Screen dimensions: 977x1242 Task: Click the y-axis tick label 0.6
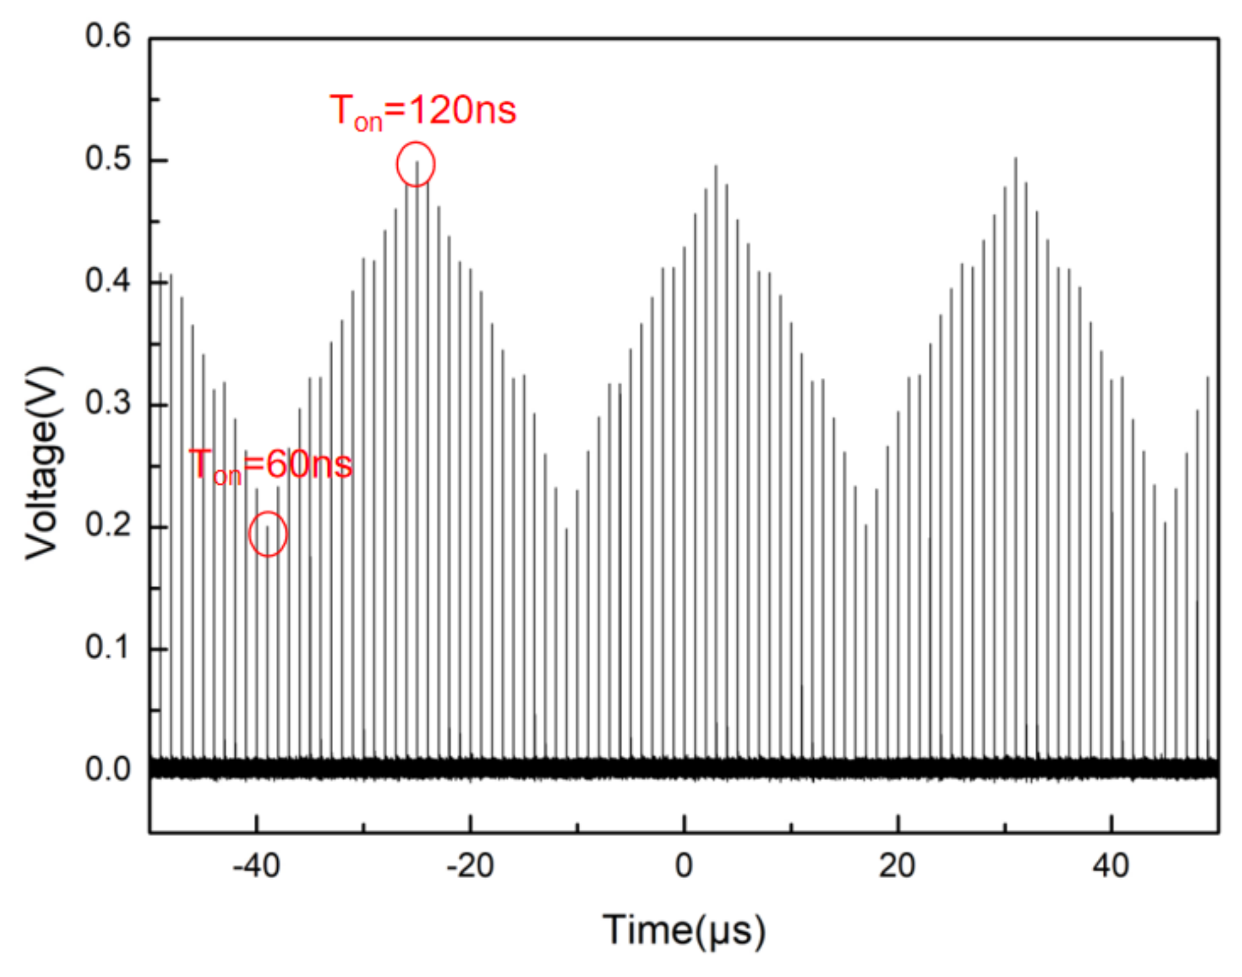click(x=108, y=36)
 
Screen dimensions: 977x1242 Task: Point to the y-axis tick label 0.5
click(x=108, y=158)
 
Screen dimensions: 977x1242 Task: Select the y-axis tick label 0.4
click(x=108, y=281)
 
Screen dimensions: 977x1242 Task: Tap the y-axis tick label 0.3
click(x=108, y=403)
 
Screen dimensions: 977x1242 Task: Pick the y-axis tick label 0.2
click(x=108, y=526)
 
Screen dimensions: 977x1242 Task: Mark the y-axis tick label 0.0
click(x=108, y=770)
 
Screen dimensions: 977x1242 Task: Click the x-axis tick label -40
click(x=256, y=866)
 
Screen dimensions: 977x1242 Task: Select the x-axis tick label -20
click(x=470, y=866)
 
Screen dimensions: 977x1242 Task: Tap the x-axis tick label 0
click(x=684, y=866)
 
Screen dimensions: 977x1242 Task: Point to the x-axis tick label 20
click(x=897, y=866)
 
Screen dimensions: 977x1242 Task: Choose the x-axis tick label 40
click(x=1111, y=866)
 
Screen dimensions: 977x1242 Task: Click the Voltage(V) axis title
click(x=44, y=463)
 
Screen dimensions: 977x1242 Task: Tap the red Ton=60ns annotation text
click(x=270, y=465)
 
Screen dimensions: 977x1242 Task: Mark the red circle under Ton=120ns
click(x=416, y=164)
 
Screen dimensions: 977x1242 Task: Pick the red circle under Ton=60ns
click(x=268, y=534)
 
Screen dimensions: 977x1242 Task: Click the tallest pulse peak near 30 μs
click(x=1016, y=159)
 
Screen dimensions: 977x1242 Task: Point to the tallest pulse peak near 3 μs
click(x=716, y=167)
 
